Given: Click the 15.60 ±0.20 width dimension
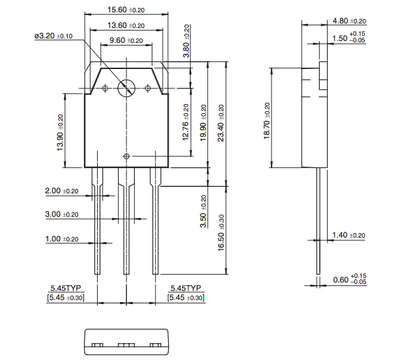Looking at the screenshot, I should click(126, 10).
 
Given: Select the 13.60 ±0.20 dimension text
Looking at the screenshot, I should click(126, 25).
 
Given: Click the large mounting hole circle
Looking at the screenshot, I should click(126, 88).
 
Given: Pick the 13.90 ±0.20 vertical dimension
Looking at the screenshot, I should click(61, 132).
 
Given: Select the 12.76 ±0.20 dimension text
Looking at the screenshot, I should click(186, 122).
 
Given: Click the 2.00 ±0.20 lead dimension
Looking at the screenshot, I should click(61, 191).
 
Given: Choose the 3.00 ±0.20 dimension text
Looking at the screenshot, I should click(61, 214).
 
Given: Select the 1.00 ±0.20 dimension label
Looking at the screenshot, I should click(61, 239).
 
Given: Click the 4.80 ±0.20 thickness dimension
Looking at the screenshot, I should click(349, 21).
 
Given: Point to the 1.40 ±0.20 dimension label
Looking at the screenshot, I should click(349, 235).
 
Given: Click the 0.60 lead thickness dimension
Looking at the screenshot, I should click(348, 280).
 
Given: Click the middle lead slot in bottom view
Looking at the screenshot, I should click(126, 344).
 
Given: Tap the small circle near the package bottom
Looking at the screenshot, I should click(126, 156).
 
